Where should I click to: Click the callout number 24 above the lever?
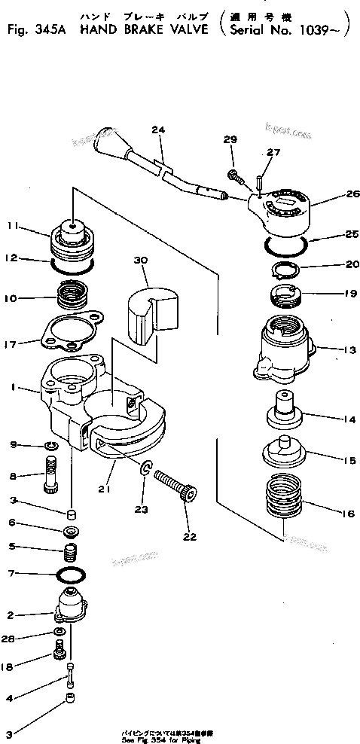pyautogui.click(x=157, y=130)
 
